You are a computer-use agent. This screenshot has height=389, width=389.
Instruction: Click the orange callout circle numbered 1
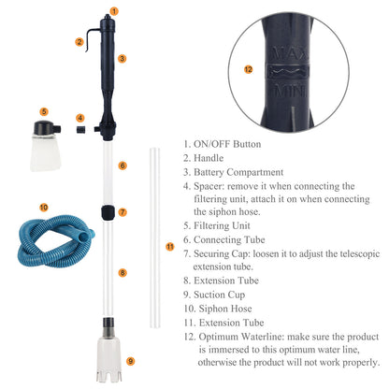click(x=114, y=11)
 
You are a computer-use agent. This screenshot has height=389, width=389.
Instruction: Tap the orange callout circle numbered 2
click(x=80, y=42)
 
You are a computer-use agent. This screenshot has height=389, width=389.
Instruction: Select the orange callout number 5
click(x=44, y=111)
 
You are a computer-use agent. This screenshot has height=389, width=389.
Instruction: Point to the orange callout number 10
click(x=44, y=206)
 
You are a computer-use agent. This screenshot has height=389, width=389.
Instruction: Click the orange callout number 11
click(x=168, y=246)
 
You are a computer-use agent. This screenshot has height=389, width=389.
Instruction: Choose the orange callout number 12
click(x=248, y=67)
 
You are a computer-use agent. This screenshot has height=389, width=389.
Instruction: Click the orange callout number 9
click(x=129, y=360)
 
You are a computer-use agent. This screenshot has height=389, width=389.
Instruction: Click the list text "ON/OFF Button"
click(x=228, y=144)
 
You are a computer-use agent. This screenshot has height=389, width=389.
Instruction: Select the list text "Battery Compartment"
click(x=239, y=172)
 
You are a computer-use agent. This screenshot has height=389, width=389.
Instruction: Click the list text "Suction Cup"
click(x=224, y=294)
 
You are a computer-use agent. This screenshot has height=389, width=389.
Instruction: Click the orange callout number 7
click(x=122, y=211)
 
